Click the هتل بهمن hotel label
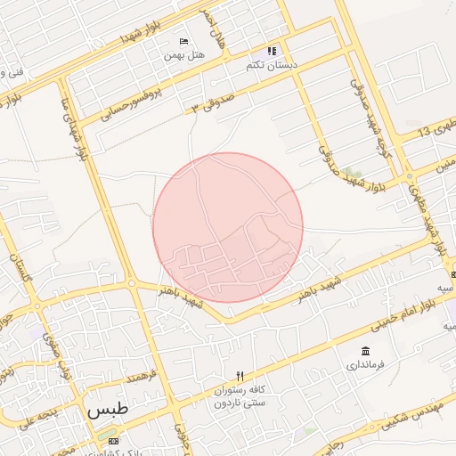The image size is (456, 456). coord(183,55)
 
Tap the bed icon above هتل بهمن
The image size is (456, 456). coord(183,42)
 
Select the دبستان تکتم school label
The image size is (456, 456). coord(272,66)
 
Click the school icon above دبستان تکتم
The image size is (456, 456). coord(272,52)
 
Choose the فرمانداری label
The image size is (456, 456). coord(366,365)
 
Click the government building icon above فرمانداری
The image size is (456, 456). coord(366,350)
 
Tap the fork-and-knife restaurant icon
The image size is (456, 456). coord(239,376)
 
